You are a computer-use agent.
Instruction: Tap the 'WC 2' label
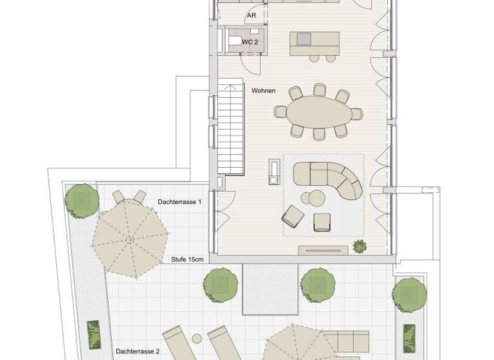point(250,42)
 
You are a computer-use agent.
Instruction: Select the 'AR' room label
point(251,15)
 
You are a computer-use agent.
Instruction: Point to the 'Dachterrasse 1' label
point(179,202)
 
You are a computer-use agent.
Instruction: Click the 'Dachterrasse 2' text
point(138,352)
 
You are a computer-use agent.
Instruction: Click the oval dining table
point(319,114)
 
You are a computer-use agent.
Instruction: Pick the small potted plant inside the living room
point(359,246)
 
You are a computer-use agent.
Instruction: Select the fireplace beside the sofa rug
point(275,170)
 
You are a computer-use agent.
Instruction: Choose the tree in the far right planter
point(410,293)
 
